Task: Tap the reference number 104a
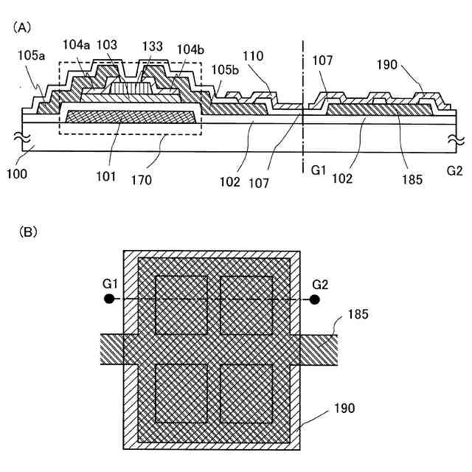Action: click(75, 46)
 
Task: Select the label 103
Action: click(108, 46)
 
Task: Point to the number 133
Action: click(152, 46)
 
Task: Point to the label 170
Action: click(157, 179)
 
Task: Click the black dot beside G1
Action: click(109, 299)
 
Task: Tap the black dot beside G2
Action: click(315, 299)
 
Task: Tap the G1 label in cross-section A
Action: click(319, 170)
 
